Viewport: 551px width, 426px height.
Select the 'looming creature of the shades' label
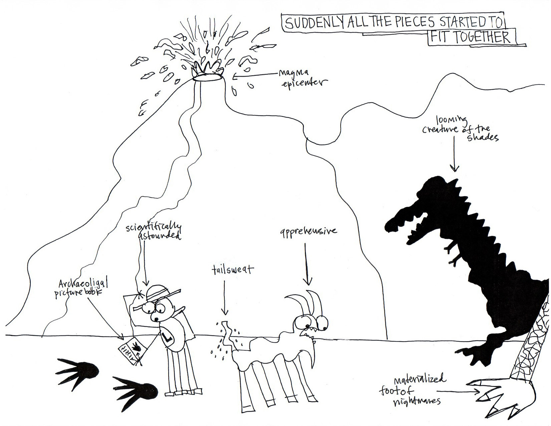pyautogui.click(x=460, y=129)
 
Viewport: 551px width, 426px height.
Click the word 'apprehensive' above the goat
pyautogui.click(x=308, y=231)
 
